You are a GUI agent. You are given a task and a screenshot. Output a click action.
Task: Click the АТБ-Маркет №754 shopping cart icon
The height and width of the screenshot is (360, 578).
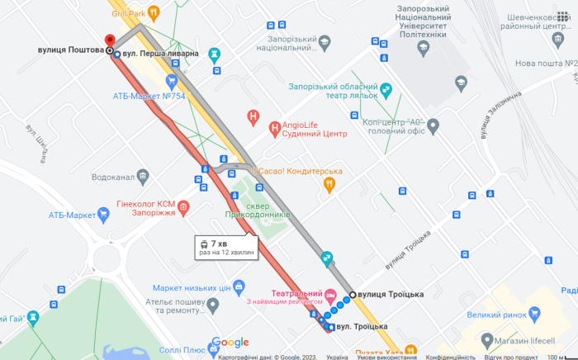[x=172, y=81]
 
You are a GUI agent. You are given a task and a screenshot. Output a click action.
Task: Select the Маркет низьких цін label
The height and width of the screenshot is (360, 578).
[x=191, y=287]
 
